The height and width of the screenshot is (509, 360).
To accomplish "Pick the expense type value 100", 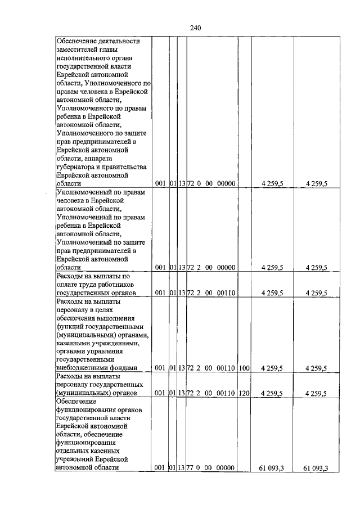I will click(244, 368).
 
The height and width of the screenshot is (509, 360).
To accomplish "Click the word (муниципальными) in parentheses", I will click(85, 335).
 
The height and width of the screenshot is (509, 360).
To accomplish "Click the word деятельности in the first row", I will click(119, 41).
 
